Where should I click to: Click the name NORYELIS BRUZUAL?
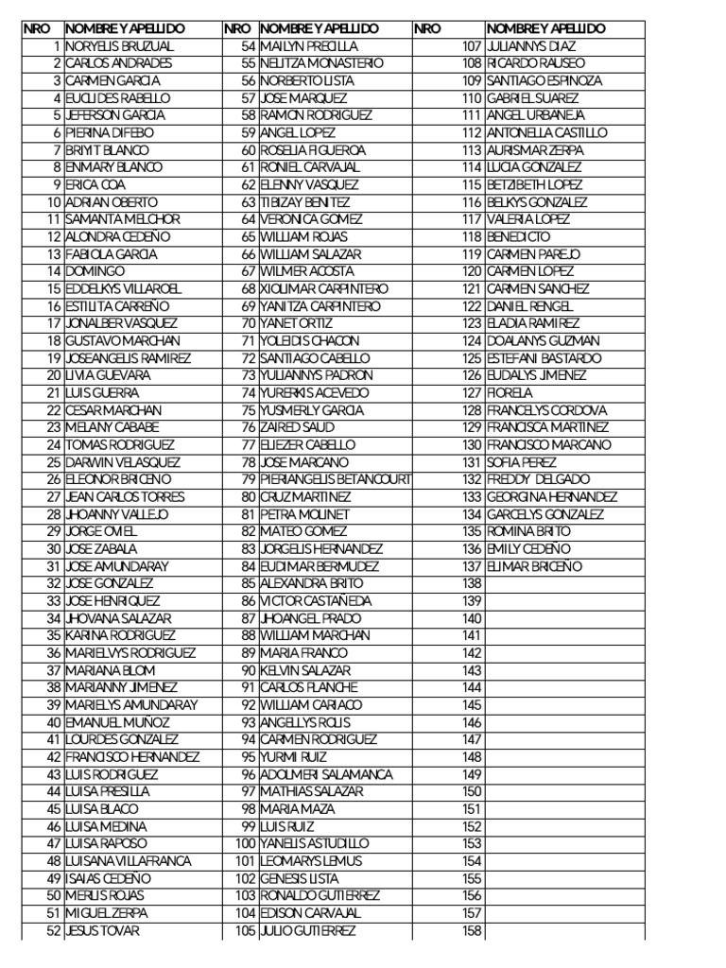[120, 45]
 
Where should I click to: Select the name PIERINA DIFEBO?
[109, 132]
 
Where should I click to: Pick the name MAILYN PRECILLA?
[309, 45]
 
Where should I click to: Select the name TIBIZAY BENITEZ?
[305, 201]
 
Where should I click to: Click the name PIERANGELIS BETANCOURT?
[336, 479]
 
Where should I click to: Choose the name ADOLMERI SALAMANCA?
[326, 774]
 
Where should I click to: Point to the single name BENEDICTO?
[518, 236]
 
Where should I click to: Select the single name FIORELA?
[510, 392]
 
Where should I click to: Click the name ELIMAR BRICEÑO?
[535, 566]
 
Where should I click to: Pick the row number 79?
[249, 479]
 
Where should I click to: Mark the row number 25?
[53, 462]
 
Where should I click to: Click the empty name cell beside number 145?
[564, 705]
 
